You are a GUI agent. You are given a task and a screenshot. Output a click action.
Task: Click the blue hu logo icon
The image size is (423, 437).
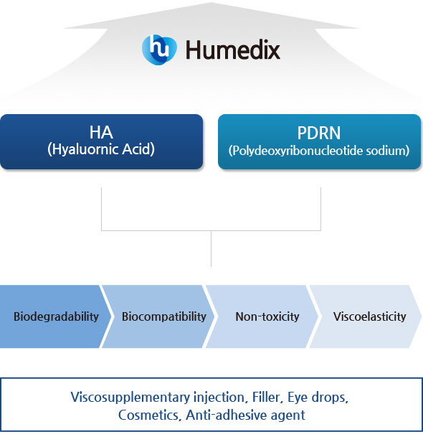click(x=159, y=50)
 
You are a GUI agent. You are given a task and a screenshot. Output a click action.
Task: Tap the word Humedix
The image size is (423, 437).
click(x=233, y=50)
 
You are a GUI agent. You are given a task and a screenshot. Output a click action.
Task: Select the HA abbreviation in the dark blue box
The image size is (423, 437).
click(x=101, y=132)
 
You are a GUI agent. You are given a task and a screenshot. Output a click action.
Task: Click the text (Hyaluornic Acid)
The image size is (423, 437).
click(x=101, y=149)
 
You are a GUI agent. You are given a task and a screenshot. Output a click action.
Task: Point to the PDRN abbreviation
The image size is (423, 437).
click(x=319, y=133)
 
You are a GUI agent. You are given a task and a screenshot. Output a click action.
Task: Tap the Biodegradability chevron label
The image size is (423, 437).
click(x=56, y=316)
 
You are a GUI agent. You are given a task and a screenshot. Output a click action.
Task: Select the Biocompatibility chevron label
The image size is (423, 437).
click(x=163, y=316)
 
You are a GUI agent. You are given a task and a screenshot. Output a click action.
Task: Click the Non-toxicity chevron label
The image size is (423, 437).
click(x=267, y=316)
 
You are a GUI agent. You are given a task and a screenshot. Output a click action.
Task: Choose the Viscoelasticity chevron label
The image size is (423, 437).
click(x=369, y=316)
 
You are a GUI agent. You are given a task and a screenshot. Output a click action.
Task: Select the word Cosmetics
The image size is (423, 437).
click(x=148, y=415)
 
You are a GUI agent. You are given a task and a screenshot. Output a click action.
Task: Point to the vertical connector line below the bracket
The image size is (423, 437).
click(x=211, y=248)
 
